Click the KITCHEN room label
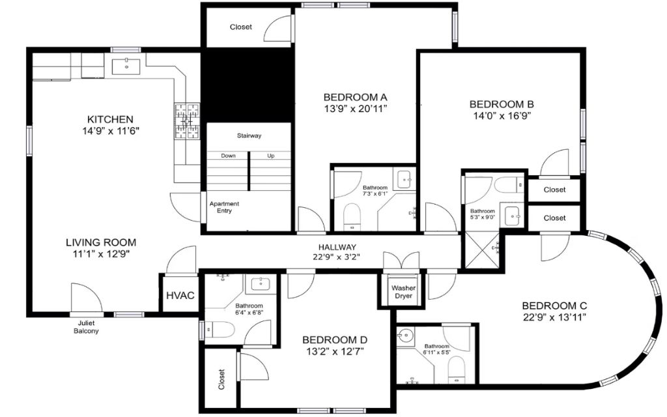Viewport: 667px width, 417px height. pyautogui.click(x=110, y=119)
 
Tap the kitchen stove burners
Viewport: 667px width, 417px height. pyautogui.click(x=187, y=121)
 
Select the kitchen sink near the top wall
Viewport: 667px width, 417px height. pyautogui.click(x=126, y=66)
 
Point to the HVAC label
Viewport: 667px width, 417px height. pyautogui.click(x=180, y=295)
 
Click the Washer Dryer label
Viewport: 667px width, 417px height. pyautogui.click(x=403, y=292)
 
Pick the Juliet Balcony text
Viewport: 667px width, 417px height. pyautogui.click(x=87, y=327)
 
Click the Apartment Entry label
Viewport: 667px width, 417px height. pyautogui.click(x=224, y=207)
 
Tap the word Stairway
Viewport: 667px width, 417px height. pyautogui.click(x=249, y=136)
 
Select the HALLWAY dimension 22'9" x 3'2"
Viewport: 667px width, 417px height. pyautogui.click(x=337, y=257)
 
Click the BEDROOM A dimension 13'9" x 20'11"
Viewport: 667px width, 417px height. pyautogui.click(x=356, y=109)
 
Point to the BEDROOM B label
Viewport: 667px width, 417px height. pyautogui.click(x=502, y=104)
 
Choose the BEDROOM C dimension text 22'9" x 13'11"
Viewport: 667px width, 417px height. pyautogui.click(x=554, y=317)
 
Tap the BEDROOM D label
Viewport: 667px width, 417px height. pyautogui.click(x=335, y=340)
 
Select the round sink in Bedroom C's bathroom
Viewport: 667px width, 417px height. pyautogui.click(x=405, y=336)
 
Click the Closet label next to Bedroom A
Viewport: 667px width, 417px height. pyautogui.click(x=241, y=27)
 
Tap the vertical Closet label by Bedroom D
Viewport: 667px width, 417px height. pyautogui.click(x=221, y=379)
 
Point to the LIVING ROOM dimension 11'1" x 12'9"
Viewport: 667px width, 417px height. pyautogui.click(x=101, y=254)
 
